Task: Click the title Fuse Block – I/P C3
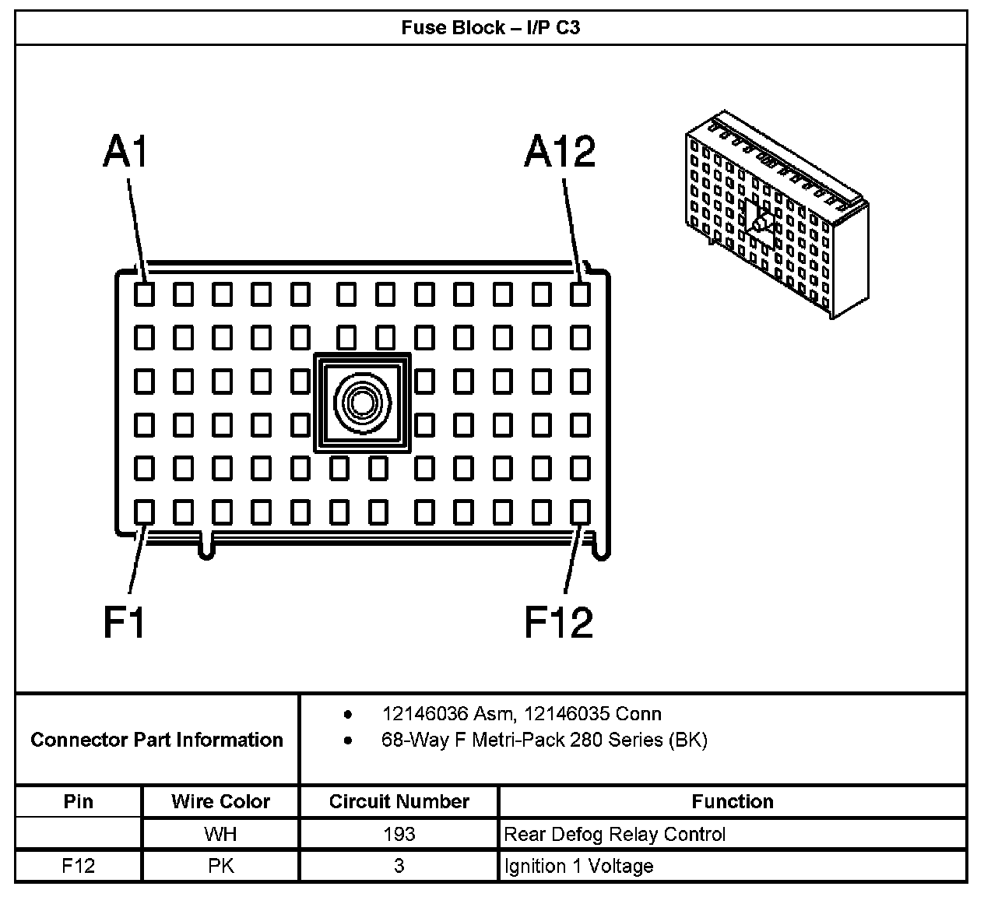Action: pyautogui.click(x=490, y=28)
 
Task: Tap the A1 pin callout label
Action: pyautogui.click(x=125, y=151)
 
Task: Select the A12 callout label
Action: pyautogui.click(x=560, y=151)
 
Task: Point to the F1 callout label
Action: pyautogui.click(x=125, y=621)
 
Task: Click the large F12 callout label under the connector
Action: pyautogui.click(x=558, y=621)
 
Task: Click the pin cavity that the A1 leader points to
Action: pyautogui.click(x=144, y=294)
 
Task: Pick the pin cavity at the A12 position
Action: pyautogui.click(x=580, y=294)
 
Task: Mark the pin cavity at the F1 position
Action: pyautogui.click(x=144, y=512)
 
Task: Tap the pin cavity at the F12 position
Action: pyautogui.click(x=580, y=512)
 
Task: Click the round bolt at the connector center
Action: pyautogui.click(x=362, y=403)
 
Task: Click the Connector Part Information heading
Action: pyautogui.click(x=156, y=740)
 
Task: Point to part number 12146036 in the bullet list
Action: pyautogui.click(x=427, y=713)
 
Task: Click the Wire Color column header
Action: pyautogui.click(x=221, y=801)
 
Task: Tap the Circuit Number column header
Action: pyautogui.click(x=399, y=801)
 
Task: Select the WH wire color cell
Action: pyautogui.click(x=221, y=835)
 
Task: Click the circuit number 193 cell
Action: pyautogui.click(x=399, y=835)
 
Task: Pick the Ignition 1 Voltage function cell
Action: pyautogui.click(x=578, y=866)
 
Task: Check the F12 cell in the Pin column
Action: pyautogui.click(x=78, y=866)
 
